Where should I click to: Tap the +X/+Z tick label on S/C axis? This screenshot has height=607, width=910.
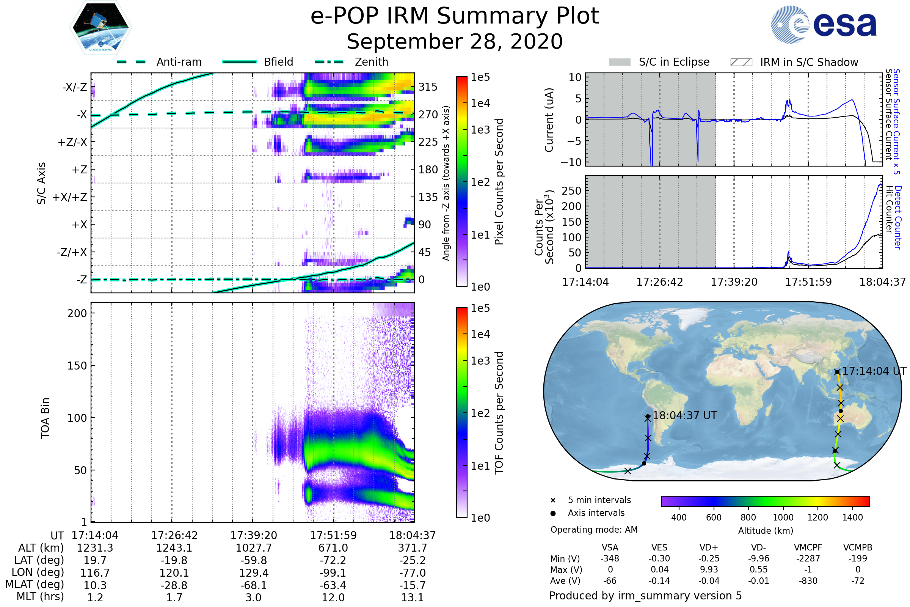click(x=70, y=197)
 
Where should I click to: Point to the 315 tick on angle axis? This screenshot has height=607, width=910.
click(x=428, y=87)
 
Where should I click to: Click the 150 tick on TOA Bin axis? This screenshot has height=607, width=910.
click(x=77, y=366)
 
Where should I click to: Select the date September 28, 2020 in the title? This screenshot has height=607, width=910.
click(x=455, y=41)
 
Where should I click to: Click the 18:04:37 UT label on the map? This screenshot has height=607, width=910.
click(x=684, y=415)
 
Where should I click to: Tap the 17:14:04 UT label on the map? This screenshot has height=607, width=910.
click(x=874, y=371)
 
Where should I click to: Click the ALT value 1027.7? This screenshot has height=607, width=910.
click(x=253, y=548)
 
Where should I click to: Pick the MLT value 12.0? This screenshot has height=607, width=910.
click(x=333, y=597)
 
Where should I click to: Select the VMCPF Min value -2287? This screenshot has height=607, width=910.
click(x=808, y=558)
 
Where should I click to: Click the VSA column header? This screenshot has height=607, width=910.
click(x=610, y=547)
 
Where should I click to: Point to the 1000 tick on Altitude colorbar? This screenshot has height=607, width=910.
click(x=783, y=517)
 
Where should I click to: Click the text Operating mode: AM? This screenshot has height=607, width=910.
click(x=594, y=529)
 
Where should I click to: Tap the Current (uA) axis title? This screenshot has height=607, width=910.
click(x=549, y=120)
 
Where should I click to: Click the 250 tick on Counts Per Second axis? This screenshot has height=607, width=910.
click(x=571, y=190)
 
